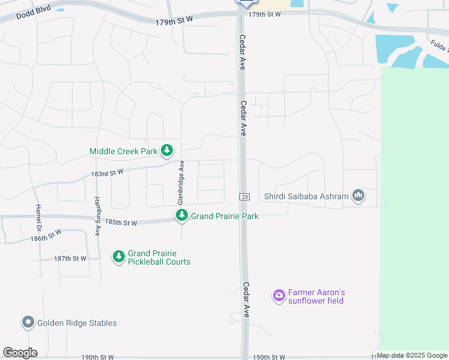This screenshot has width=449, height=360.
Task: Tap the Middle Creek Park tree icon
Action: (167, 151)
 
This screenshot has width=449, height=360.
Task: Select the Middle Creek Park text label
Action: (124, 152)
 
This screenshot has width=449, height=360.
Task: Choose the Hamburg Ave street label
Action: (97, 215)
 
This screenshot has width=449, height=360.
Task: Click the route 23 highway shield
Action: (244, 197)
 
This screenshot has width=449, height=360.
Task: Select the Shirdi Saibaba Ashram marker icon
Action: (358, 196)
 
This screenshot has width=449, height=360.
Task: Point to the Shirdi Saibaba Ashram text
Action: (306, 196)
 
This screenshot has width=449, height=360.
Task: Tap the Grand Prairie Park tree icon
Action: (181, 215)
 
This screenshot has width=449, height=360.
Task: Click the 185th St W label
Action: (121, 223)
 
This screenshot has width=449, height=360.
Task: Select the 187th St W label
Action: (70, 259)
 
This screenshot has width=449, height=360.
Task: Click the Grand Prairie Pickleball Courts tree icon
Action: (119, 257)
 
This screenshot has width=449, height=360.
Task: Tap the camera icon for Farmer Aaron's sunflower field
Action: (279, 295)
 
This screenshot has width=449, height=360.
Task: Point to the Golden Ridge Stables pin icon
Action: (28, 323)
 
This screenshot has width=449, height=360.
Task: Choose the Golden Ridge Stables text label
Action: (77, 323)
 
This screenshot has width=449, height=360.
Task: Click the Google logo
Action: (20, 352)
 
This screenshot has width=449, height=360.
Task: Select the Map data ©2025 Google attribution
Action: (412, 356)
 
